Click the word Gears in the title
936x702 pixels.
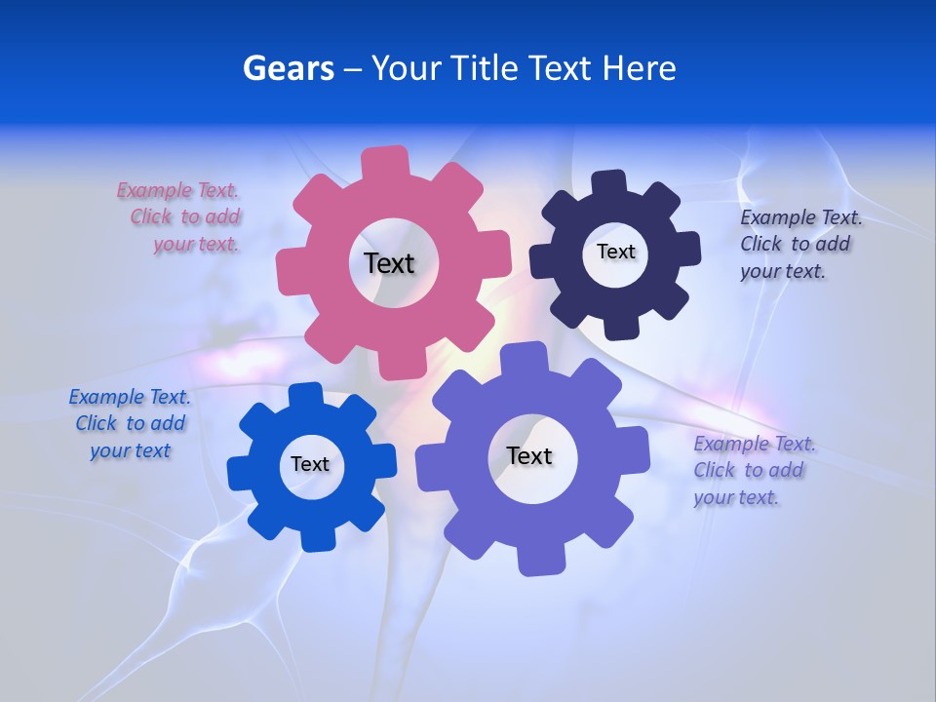click(x=288, y=68)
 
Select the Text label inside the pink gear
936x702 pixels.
click(x=389, y=263)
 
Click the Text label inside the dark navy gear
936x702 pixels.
click(x=615, y=252)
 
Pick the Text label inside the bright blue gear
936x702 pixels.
click(x=310, y=464)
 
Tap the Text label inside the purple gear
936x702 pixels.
click(x=529, y=455)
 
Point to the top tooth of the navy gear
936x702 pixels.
click(x=609, y=184)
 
